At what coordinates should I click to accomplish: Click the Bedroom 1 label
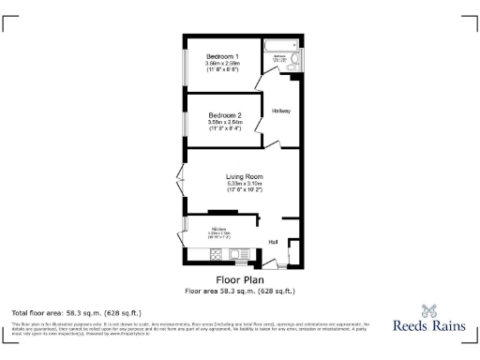(x=222, y=56)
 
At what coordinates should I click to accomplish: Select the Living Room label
(x=243, y=176)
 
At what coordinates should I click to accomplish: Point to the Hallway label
(x=281, y=112)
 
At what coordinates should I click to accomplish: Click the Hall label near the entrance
(x=273, y=242)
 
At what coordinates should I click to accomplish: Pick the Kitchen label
(x=218, y=229)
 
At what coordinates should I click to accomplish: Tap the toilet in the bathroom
(x=296, y=60)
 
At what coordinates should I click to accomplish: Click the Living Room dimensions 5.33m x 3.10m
(x=243, y=184)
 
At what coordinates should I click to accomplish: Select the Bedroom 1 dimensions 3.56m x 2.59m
(x=222, y=64)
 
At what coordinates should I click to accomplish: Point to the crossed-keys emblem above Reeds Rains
(x=429, y=310)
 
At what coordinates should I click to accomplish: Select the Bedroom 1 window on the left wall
(x=183, y=63)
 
